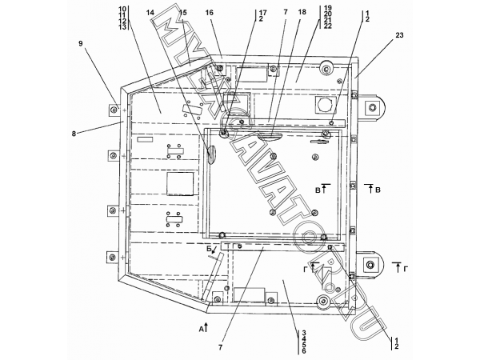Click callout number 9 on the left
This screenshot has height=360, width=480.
click(81, 43)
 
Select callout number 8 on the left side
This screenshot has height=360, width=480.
click(74, 134)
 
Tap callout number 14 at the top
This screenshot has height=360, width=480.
click(150, 13)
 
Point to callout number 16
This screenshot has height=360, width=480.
click(210, 13)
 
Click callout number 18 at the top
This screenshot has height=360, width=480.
click(302, 12)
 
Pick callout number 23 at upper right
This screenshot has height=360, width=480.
click(399, 35)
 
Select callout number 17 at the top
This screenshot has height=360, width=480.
click(262, 13)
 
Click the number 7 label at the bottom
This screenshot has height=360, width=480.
click(221, 347)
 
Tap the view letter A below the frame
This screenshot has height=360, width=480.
click(201, 329)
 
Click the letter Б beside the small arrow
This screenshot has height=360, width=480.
click(209, 250)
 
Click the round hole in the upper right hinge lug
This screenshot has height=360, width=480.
click(372, 107)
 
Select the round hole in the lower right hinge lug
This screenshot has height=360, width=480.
click(370, 265)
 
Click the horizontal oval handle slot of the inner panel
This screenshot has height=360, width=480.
click(269, 136)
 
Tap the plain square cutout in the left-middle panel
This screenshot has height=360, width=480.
click(180, 184)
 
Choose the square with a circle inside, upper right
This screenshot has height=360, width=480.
click(324, 106)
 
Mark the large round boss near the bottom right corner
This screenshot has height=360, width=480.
click(322, 302)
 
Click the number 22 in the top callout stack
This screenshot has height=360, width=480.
click(327, 26)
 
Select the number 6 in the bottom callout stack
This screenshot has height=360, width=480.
click(304, 351)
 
